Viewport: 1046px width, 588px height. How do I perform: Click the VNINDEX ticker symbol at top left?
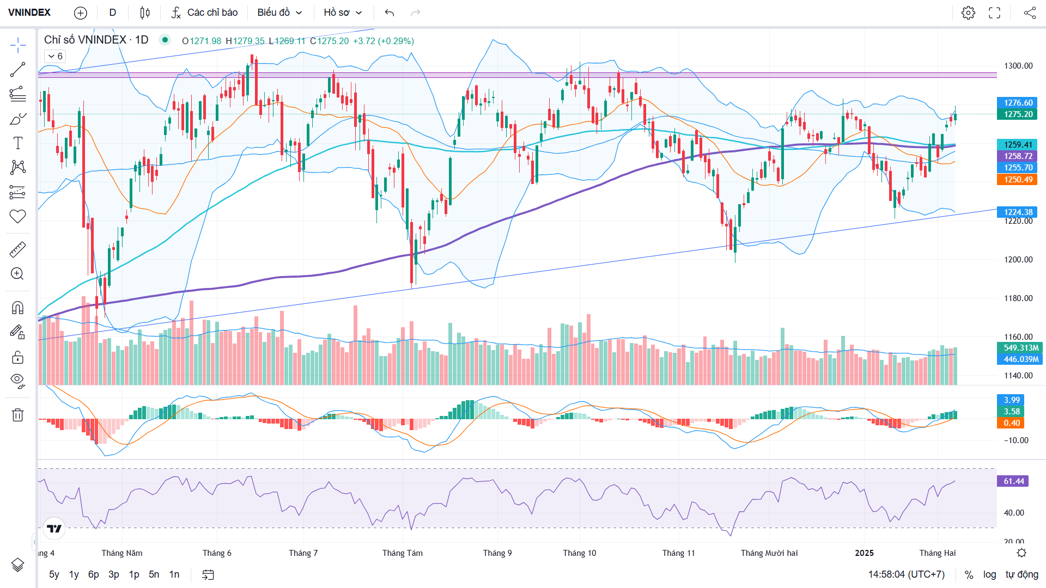coord(29,13)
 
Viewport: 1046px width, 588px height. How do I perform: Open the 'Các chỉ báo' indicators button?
coord(205,13)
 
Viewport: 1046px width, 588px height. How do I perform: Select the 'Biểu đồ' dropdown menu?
coord(279,13)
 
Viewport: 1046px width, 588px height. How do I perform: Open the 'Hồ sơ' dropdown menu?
coord(343,13)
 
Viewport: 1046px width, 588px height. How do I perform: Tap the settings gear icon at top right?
coord(968,13)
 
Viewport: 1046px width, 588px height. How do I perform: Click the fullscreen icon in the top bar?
coord(994,13)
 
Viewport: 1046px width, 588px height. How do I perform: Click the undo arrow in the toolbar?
coord(389,13)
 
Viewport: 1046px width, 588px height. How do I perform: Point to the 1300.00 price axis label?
coord(1018,66)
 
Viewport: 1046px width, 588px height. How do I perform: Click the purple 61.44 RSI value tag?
coord(1013,481)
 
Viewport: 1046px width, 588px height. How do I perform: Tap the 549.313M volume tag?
coord(1020,348)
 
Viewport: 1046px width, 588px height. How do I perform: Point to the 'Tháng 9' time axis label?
coord(497,553)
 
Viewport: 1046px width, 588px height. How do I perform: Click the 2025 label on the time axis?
coord(864,553)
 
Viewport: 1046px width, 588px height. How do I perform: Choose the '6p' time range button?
coord(94,574)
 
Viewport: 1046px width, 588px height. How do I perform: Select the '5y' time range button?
coord(54,574)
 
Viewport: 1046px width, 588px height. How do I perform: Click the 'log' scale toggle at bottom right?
coord(989,574)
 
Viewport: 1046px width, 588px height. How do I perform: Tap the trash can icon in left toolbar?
coord(17,415)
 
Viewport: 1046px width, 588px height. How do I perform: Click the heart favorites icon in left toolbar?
coord(17,216)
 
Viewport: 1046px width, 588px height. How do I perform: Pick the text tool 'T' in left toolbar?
coord(17,143)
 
